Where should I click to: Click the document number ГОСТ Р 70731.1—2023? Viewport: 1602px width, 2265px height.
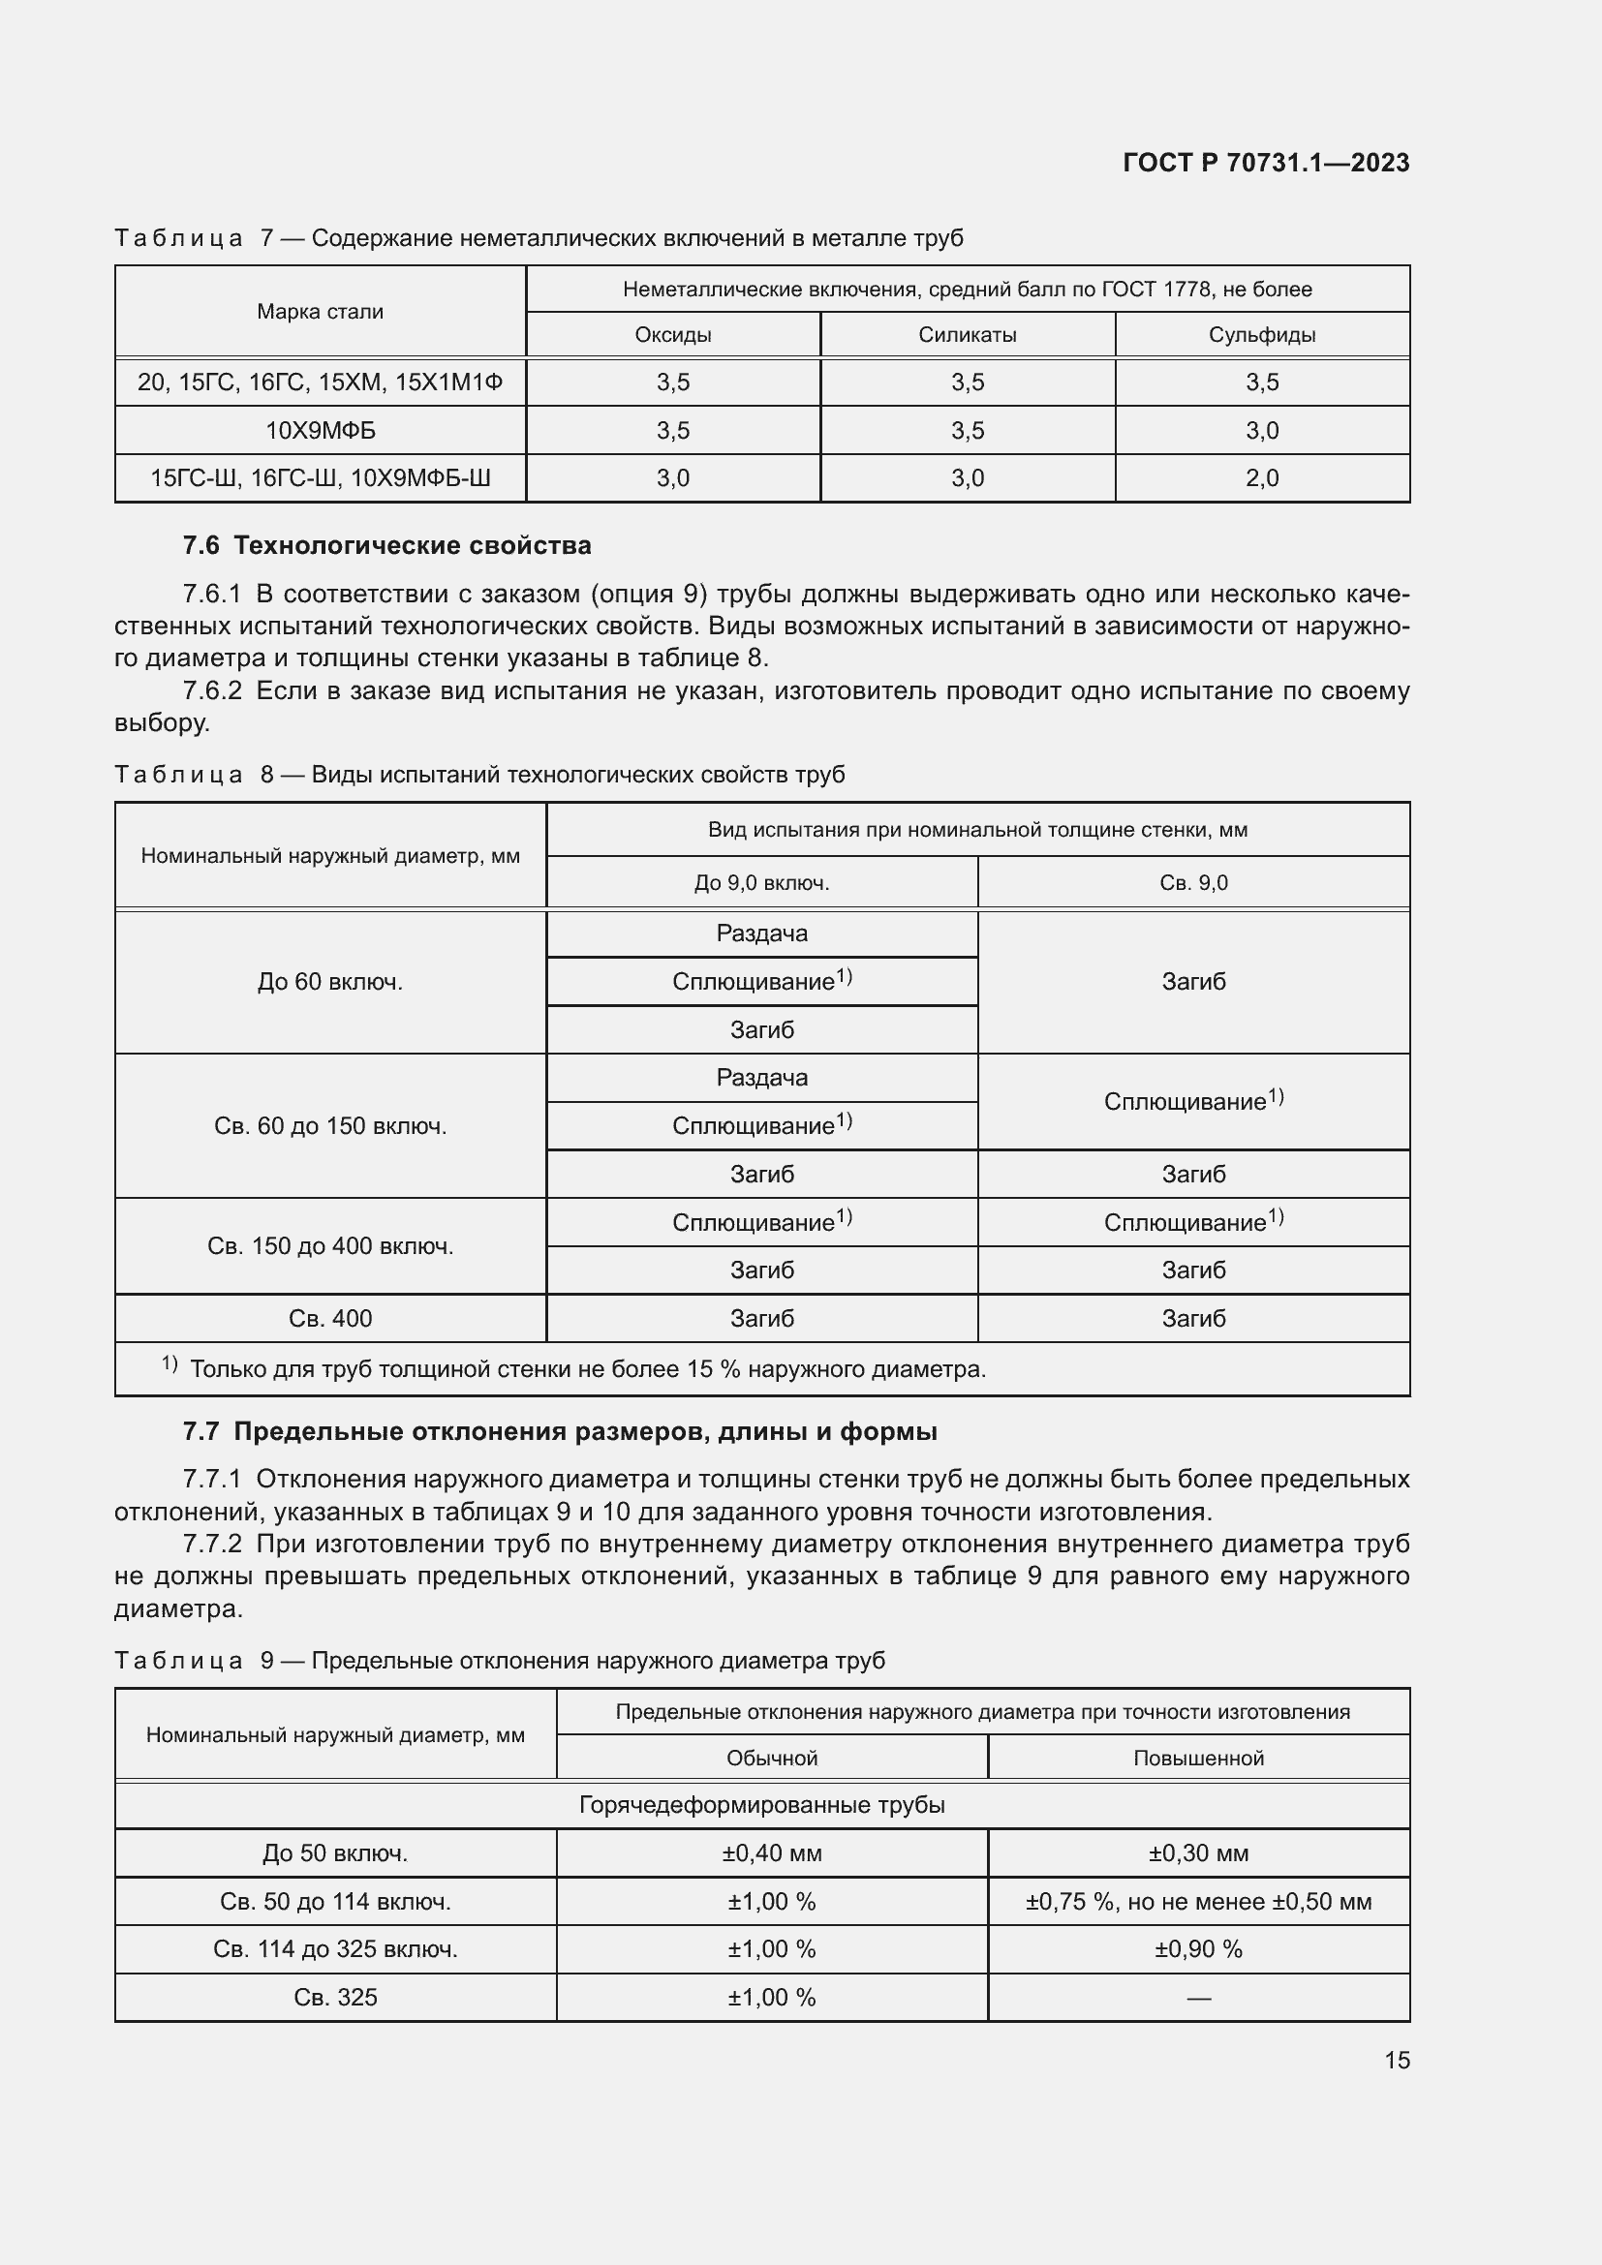coord(1266,163)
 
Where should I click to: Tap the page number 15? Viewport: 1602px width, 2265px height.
coord(1397,2060)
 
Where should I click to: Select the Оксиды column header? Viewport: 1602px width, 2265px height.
coord(673,334)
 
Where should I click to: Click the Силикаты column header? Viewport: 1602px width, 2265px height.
coord(967,334)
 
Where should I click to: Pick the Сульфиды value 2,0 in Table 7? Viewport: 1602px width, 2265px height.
coord(1262,478)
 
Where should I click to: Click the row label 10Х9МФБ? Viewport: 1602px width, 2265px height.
coord(321,430)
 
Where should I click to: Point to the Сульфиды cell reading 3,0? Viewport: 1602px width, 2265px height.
coord(1262,430)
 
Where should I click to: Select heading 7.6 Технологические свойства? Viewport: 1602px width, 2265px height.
coord(386,545)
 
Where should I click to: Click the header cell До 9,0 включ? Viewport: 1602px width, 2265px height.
coord(761,883)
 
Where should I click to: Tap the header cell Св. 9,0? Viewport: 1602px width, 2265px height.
coord(1193,883)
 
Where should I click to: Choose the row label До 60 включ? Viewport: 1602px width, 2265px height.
coord(330,982)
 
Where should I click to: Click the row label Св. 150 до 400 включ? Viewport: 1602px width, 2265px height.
coord(330,1246)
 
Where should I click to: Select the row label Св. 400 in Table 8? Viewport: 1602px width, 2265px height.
coord(330,1318)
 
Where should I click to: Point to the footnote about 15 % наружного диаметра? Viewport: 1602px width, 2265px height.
coord(587,1369)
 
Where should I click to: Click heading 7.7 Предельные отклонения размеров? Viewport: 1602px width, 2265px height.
coord(559,1431)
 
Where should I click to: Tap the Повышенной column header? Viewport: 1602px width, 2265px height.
coord(1198,1758)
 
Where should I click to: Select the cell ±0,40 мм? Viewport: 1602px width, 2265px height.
coord(771,1852)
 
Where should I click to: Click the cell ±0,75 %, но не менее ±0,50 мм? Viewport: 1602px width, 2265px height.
coord(1198,1901)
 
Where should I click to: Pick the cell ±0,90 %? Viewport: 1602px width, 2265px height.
coord(1198,1948)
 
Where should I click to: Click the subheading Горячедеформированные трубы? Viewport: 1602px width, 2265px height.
coord(761,1804)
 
